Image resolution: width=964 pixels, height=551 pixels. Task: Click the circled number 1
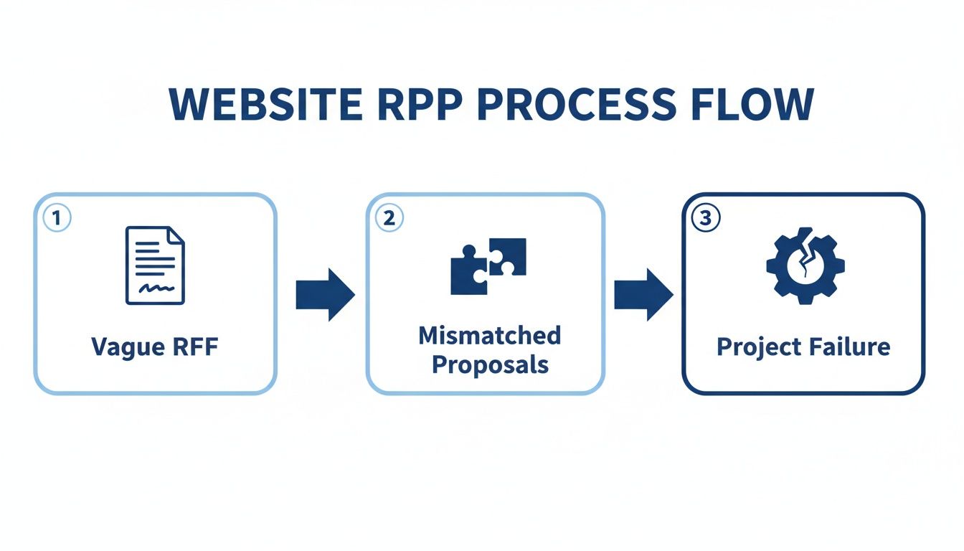(57, 218)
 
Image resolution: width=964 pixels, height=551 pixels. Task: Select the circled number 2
(389, 218)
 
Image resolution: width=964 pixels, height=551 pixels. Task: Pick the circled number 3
(705, 218)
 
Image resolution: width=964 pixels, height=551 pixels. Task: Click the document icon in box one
(155, 265)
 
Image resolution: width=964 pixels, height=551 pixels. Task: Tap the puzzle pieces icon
(488, 265)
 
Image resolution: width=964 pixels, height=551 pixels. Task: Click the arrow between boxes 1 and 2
(325, 294)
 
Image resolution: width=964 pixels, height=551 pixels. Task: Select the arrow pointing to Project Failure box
(643, 294)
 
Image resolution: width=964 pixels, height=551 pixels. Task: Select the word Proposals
(490, 364)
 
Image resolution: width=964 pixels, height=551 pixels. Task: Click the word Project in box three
(757, 347)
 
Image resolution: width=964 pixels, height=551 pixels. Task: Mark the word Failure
(849, 347)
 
